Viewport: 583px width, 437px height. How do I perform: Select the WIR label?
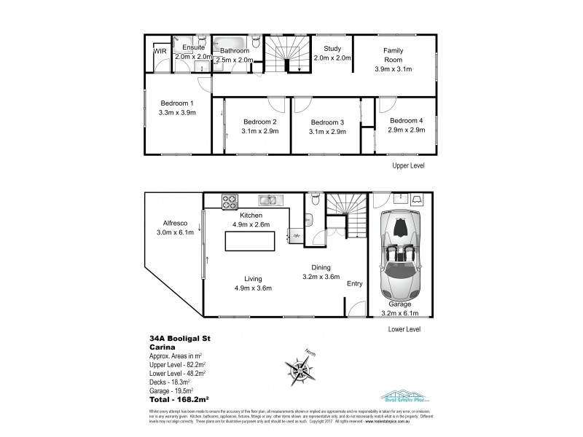[160, 51]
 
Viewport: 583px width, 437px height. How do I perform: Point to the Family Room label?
[398, 55]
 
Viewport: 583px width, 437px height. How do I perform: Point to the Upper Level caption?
[408, 166]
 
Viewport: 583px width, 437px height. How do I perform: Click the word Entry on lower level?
[355, 283]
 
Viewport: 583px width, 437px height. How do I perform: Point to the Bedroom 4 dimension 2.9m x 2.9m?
[406, 130]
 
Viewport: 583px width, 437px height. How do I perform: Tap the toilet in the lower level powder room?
[313, 198]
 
